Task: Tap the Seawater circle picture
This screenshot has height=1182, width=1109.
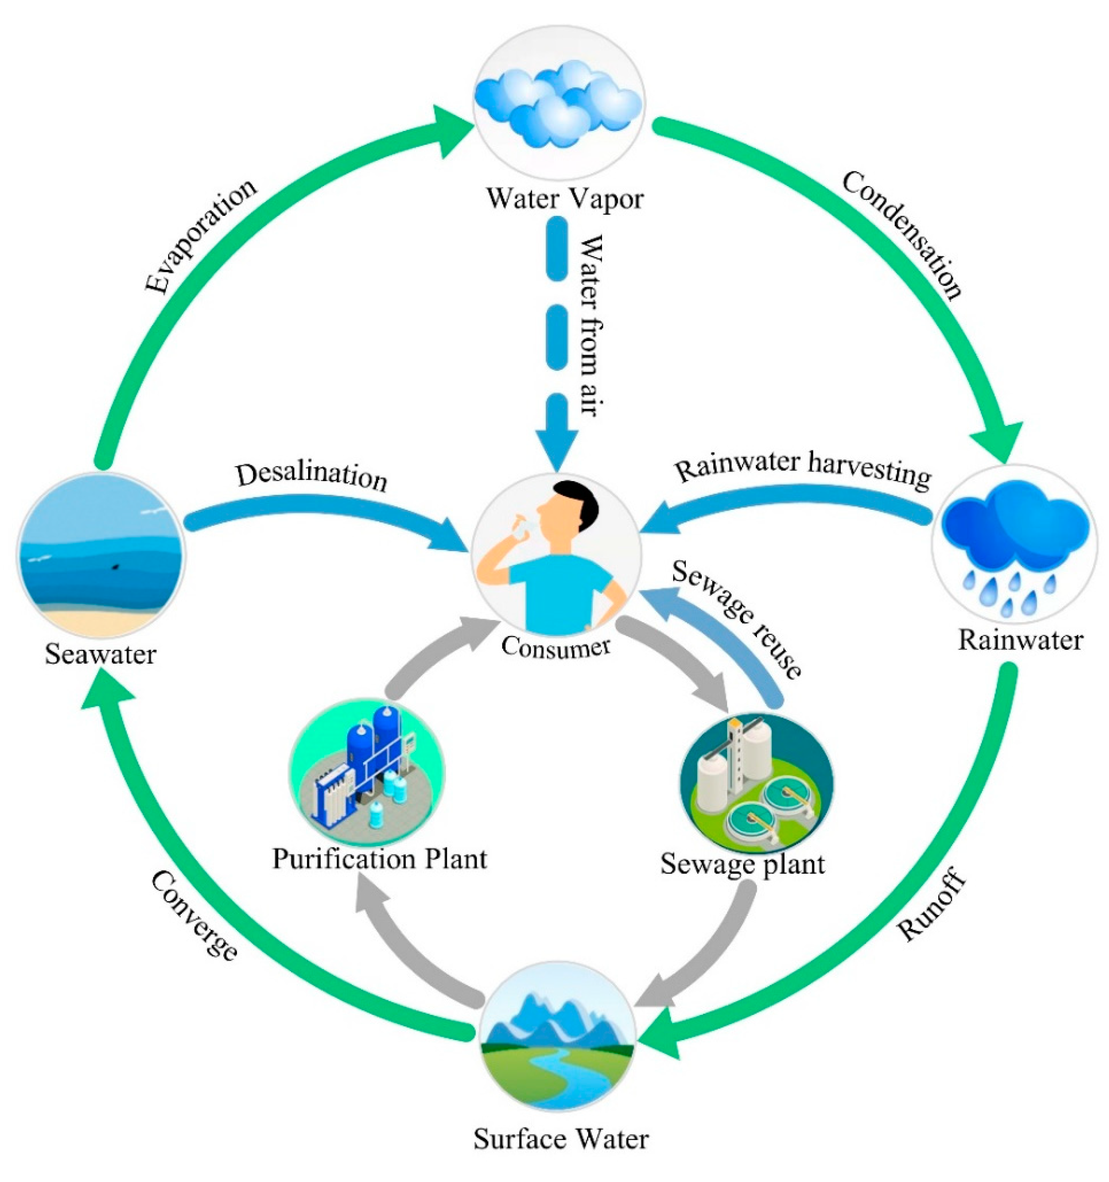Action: pos(101,554)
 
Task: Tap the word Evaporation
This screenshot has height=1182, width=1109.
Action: pos(201,236)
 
